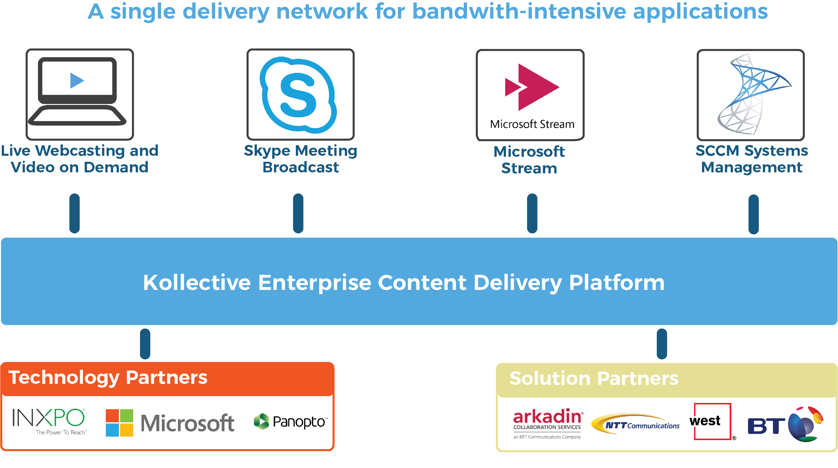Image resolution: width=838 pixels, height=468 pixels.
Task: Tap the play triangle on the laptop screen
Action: click(x=77, y=80)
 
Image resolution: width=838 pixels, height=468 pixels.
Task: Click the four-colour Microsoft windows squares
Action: click(x=119, y=423)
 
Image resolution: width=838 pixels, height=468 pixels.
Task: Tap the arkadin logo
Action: click(x=547, y=422)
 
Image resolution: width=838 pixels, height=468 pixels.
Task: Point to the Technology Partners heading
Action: click(x=108, y=378)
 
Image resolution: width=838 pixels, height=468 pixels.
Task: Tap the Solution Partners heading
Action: click(x=594, y=378)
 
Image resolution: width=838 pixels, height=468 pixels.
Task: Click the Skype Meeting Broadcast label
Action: click(x=301, y=159)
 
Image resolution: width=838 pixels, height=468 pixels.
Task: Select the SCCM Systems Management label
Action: click(x=752, y=159)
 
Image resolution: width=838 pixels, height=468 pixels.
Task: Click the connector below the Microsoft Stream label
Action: click(x=532, y=213)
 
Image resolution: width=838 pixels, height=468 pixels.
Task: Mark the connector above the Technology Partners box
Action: click(x=145, y=344)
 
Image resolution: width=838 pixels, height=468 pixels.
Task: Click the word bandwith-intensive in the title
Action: click(x=519, y=12)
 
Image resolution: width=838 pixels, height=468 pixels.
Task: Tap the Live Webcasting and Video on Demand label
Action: click(x=80, y=159)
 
